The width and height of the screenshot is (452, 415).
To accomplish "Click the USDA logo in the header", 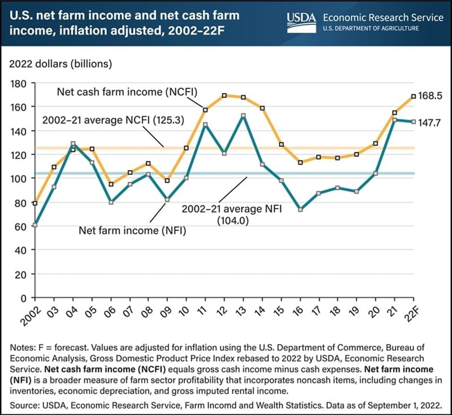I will click(301, 18).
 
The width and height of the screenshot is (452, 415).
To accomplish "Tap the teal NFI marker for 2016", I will click(300, 209).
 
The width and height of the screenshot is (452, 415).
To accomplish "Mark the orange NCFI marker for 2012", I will click(224, 95).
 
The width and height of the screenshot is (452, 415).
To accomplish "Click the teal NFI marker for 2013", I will click(243, 116).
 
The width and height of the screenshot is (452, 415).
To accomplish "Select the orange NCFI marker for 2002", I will click(35, 203).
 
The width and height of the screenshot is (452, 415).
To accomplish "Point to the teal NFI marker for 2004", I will click(73, 144).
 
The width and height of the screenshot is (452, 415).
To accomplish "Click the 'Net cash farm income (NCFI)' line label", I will click(127, 92).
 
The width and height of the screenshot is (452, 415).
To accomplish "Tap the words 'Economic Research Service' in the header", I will click(383, 18).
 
